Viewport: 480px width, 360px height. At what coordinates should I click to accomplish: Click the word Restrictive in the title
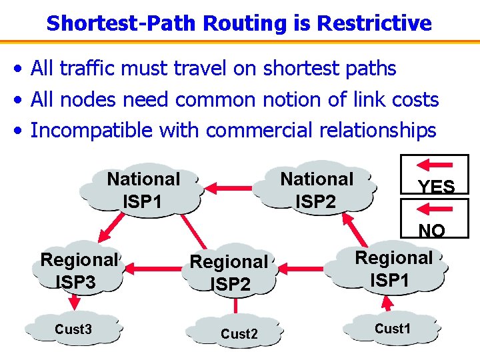tap(374, 23)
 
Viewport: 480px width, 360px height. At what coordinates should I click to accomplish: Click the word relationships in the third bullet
tap(377, 130)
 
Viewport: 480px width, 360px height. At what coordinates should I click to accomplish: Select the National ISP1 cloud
tap(143, 189)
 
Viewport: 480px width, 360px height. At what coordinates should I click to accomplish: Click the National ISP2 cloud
tap(317, 189)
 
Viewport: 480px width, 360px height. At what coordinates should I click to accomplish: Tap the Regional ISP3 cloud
tap(78, 271)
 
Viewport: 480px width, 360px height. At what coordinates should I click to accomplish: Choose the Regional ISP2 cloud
tap(229, 273)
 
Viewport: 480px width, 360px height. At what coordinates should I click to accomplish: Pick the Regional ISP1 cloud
tap(393, 269)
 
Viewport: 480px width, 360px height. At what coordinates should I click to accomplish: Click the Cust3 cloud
tap(73, 329)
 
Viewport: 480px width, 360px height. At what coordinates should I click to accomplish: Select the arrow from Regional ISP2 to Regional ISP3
tap(153, 269)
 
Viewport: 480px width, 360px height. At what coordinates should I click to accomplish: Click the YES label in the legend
tap(436, 187)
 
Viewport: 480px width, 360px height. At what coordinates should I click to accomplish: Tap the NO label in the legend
tap(432, 231)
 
